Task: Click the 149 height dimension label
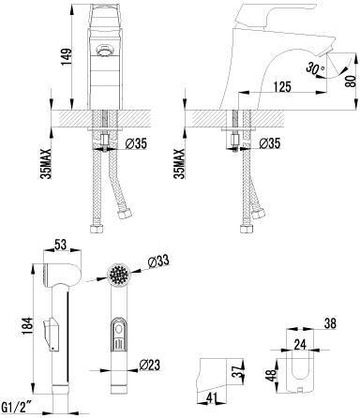tap(67, 56)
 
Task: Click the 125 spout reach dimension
tap(283, 87)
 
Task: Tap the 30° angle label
tap(315, 68)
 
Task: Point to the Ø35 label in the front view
tap(136, 143)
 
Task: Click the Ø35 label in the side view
tap(270, 143)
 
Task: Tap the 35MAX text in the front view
tap(47, 164)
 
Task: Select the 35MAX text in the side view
tap(180, 164)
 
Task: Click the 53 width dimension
tap(61, 245)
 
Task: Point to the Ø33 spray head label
tap(158, 261)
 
